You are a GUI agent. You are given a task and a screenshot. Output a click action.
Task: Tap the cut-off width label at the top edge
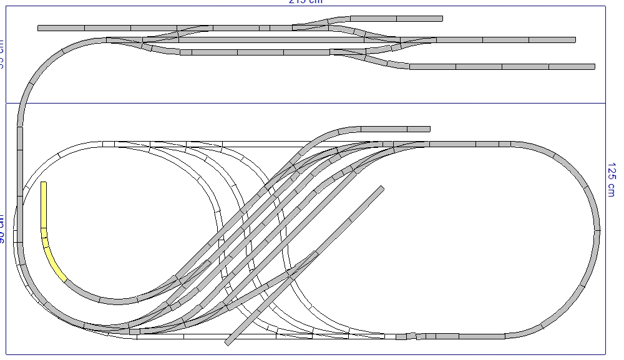(306, 2)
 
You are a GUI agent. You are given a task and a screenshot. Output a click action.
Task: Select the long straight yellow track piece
(44, 205)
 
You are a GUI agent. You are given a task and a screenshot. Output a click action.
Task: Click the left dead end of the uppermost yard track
(39, 28)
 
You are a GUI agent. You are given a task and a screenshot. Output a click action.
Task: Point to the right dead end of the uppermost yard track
(442, 19)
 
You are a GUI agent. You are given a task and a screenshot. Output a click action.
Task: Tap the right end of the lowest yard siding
(594, 66)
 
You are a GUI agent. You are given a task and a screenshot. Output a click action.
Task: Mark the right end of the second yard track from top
(574, 40)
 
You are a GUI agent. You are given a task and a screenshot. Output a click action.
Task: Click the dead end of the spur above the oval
(429, 129)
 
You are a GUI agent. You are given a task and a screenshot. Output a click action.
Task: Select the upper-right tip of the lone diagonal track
(381, 188)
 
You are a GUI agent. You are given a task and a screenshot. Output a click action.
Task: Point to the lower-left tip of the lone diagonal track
(228, 343)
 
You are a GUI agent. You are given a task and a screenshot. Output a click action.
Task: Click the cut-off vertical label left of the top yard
(2, 53)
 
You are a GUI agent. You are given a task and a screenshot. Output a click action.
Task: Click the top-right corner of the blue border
(607, 6)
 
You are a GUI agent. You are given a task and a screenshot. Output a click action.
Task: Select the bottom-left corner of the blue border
(6, 354)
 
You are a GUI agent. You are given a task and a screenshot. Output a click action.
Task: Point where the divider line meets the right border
(607, 103)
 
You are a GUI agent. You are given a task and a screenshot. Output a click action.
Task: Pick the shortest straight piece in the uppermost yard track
(265, 28)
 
